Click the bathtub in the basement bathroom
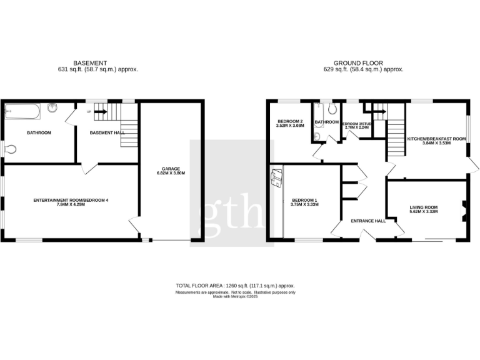tap(22, 112)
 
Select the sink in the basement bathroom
tap(54, 109)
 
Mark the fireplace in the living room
tap(464, 210)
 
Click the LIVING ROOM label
tap(424, 207)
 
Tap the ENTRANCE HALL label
tap(368, 221)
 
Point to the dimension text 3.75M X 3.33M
tap(306, 205)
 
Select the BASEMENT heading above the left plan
tap(91, 62)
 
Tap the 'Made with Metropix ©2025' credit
tap(235, 296)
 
